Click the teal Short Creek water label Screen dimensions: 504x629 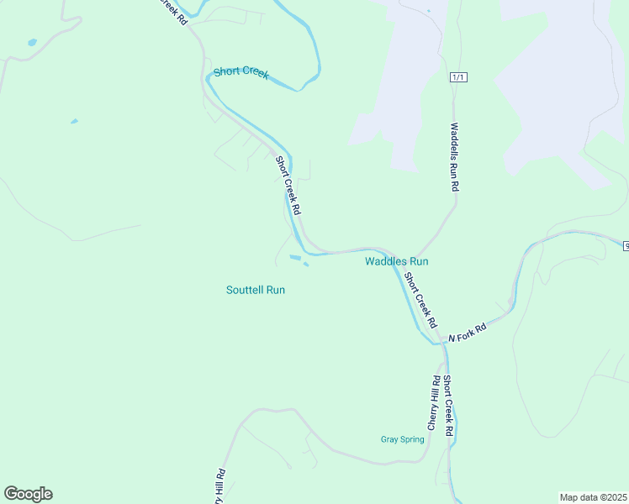click(240, 72)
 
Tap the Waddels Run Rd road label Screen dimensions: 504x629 click(454, 158)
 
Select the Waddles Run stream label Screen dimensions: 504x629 click(396, 261)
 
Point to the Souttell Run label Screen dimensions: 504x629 click(256, 290)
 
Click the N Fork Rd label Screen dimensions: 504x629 click(468, 333)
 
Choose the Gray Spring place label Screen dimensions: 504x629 click(402, 439)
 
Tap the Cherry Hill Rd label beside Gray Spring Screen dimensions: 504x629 click(434, 402)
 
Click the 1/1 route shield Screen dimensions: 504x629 click(458, 77)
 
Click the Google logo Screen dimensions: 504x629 click(28, 494)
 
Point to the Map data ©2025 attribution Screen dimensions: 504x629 click(593, 497)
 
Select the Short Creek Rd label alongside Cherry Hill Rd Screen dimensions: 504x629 click(449, 406)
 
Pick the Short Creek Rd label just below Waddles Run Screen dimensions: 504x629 click(420, 300)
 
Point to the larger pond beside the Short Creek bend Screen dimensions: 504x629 click(294, 257)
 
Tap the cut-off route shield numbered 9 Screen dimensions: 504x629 click(626, 245)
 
